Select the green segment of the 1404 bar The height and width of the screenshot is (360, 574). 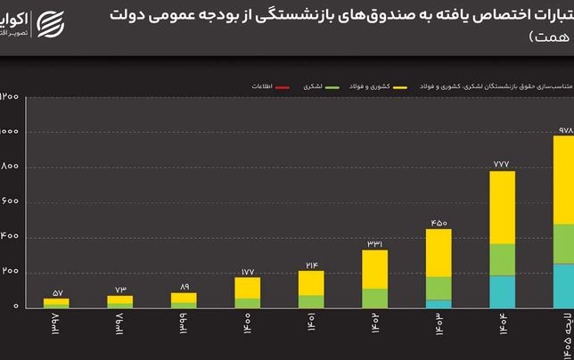click(x=503, y=259)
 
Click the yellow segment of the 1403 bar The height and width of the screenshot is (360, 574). click(x=439, y=252)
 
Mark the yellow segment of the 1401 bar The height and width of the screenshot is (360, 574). click(x=311, y=282)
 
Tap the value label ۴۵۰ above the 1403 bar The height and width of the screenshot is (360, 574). click(x=439, y=222)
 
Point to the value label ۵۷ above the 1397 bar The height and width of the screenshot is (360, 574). click(x=55, y=291)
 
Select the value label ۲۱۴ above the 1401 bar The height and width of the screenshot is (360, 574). click(x=311, y=265)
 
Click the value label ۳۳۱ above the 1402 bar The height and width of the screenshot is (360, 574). click(x=374, y=243)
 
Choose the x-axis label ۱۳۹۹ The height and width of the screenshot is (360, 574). click(x=184, y=322)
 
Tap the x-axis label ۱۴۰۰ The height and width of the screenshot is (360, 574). click(x=247, y=322)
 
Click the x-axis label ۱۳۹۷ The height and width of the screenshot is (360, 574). click(x=55, y=322)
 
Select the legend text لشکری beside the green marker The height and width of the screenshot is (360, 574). click(x=312, y=86)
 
